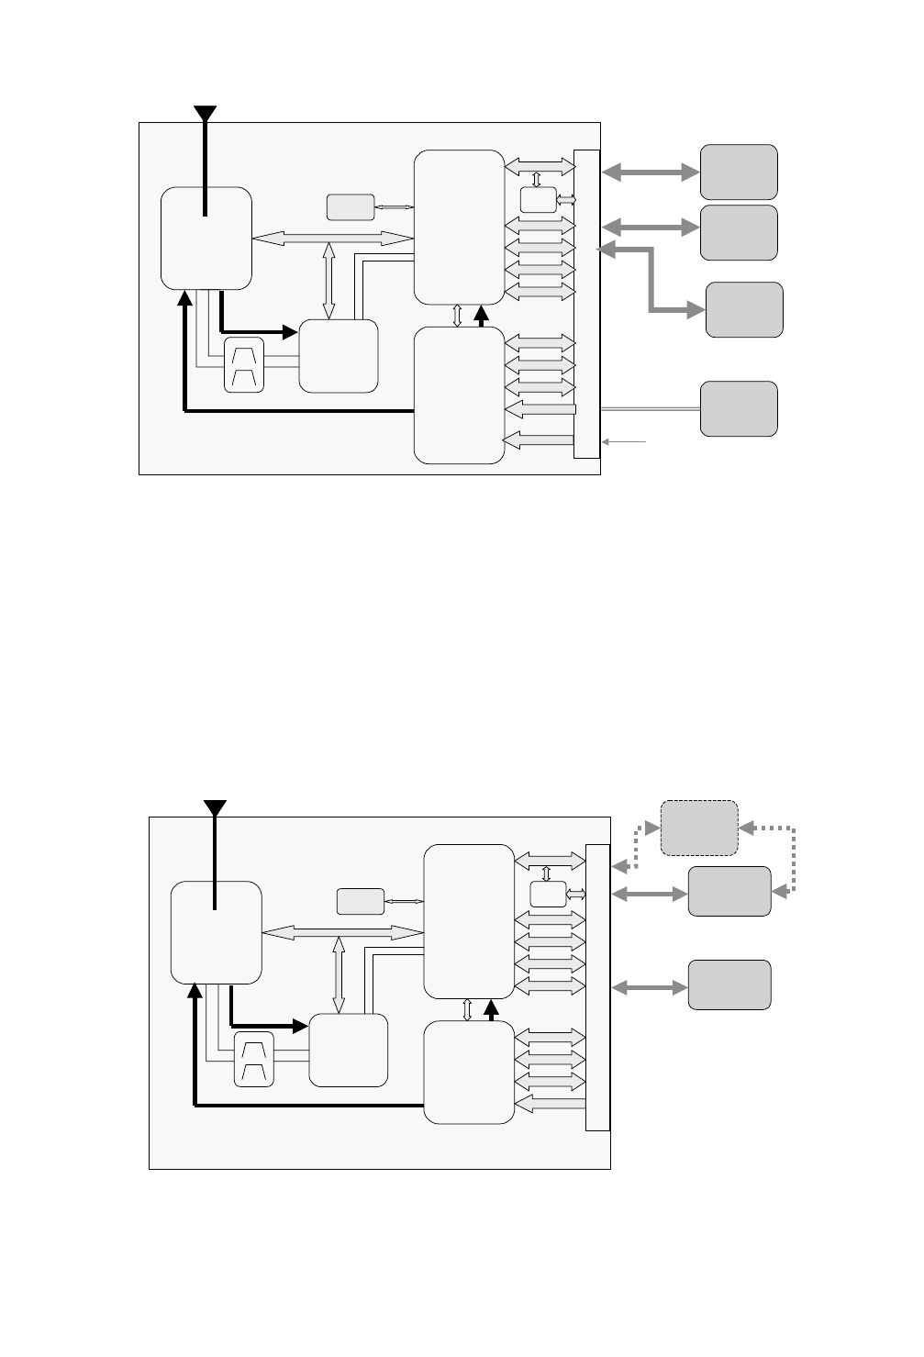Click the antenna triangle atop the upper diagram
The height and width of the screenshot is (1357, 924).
(205, 113)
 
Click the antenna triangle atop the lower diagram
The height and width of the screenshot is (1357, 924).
(215, 807)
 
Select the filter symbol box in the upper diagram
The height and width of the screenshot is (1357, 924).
(244, 365)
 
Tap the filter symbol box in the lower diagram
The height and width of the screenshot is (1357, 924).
(254, 1060)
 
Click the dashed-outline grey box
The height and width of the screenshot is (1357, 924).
(699, 828)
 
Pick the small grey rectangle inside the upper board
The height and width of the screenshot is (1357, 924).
(351, 207)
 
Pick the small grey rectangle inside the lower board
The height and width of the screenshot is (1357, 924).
(361, 902)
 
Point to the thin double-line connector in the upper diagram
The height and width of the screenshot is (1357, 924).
(650, 409)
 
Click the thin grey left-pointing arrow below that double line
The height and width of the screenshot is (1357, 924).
(625, 442)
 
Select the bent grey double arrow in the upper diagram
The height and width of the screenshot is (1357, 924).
(651, 280)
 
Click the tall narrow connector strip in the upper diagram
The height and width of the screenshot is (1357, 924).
(586, 304)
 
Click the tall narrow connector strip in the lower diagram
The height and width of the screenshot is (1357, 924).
(596, 987)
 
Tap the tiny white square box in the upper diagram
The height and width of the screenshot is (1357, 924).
(538, 199)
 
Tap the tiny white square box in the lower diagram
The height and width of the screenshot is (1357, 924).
(548, 894)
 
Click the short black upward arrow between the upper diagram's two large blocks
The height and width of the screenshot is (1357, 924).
(481, 316)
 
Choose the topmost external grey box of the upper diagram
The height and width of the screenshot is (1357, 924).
(739, 172)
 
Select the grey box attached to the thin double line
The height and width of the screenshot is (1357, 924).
(739, 409)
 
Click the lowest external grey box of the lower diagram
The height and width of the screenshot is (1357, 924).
(729, 985)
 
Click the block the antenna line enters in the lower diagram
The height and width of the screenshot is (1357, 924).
(217, 932)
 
